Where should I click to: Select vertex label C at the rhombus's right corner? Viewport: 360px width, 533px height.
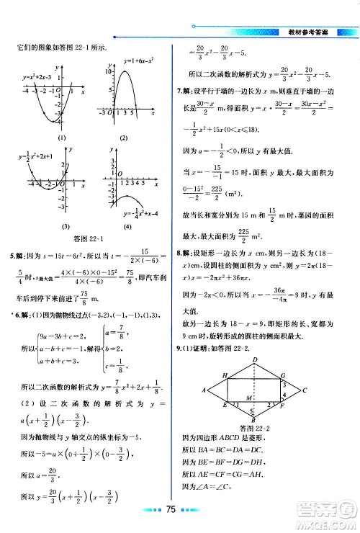point(305,390)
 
